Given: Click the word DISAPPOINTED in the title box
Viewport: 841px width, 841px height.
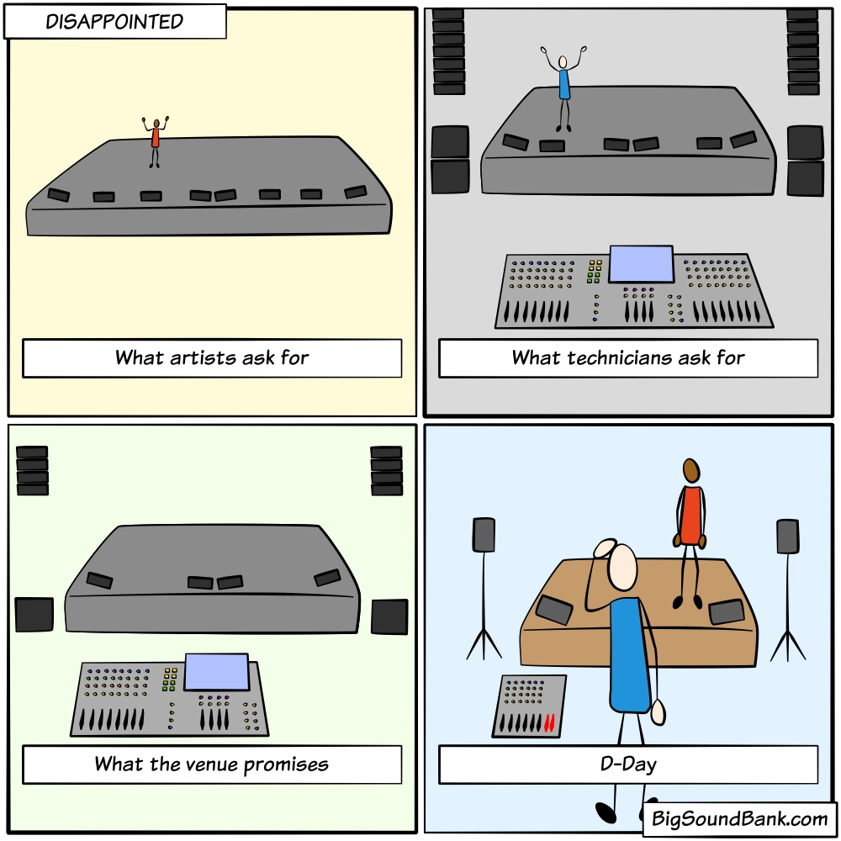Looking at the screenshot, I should (114, 22).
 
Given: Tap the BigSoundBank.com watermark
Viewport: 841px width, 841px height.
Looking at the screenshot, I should (740, 817).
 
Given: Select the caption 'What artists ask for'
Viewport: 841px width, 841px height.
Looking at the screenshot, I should (212, 357).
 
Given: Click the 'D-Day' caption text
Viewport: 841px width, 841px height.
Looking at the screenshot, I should (628, 764).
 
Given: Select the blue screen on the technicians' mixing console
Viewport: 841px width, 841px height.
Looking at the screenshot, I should (641, 264).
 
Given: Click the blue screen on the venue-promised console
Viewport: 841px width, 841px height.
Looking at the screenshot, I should (216, 672).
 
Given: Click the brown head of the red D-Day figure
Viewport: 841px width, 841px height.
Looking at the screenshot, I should (691, 471).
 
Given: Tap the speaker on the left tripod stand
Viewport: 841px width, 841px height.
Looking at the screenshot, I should (484, 535).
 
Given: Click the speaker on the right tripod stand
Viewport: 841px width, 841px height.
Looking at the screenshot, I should (787, 536).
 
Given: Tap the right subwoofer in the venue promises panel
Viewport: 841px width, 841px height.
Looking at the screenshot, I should (389, 616).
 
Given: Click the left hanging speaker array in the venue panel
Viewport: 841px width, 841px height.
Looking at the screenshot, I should (33, 471).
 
